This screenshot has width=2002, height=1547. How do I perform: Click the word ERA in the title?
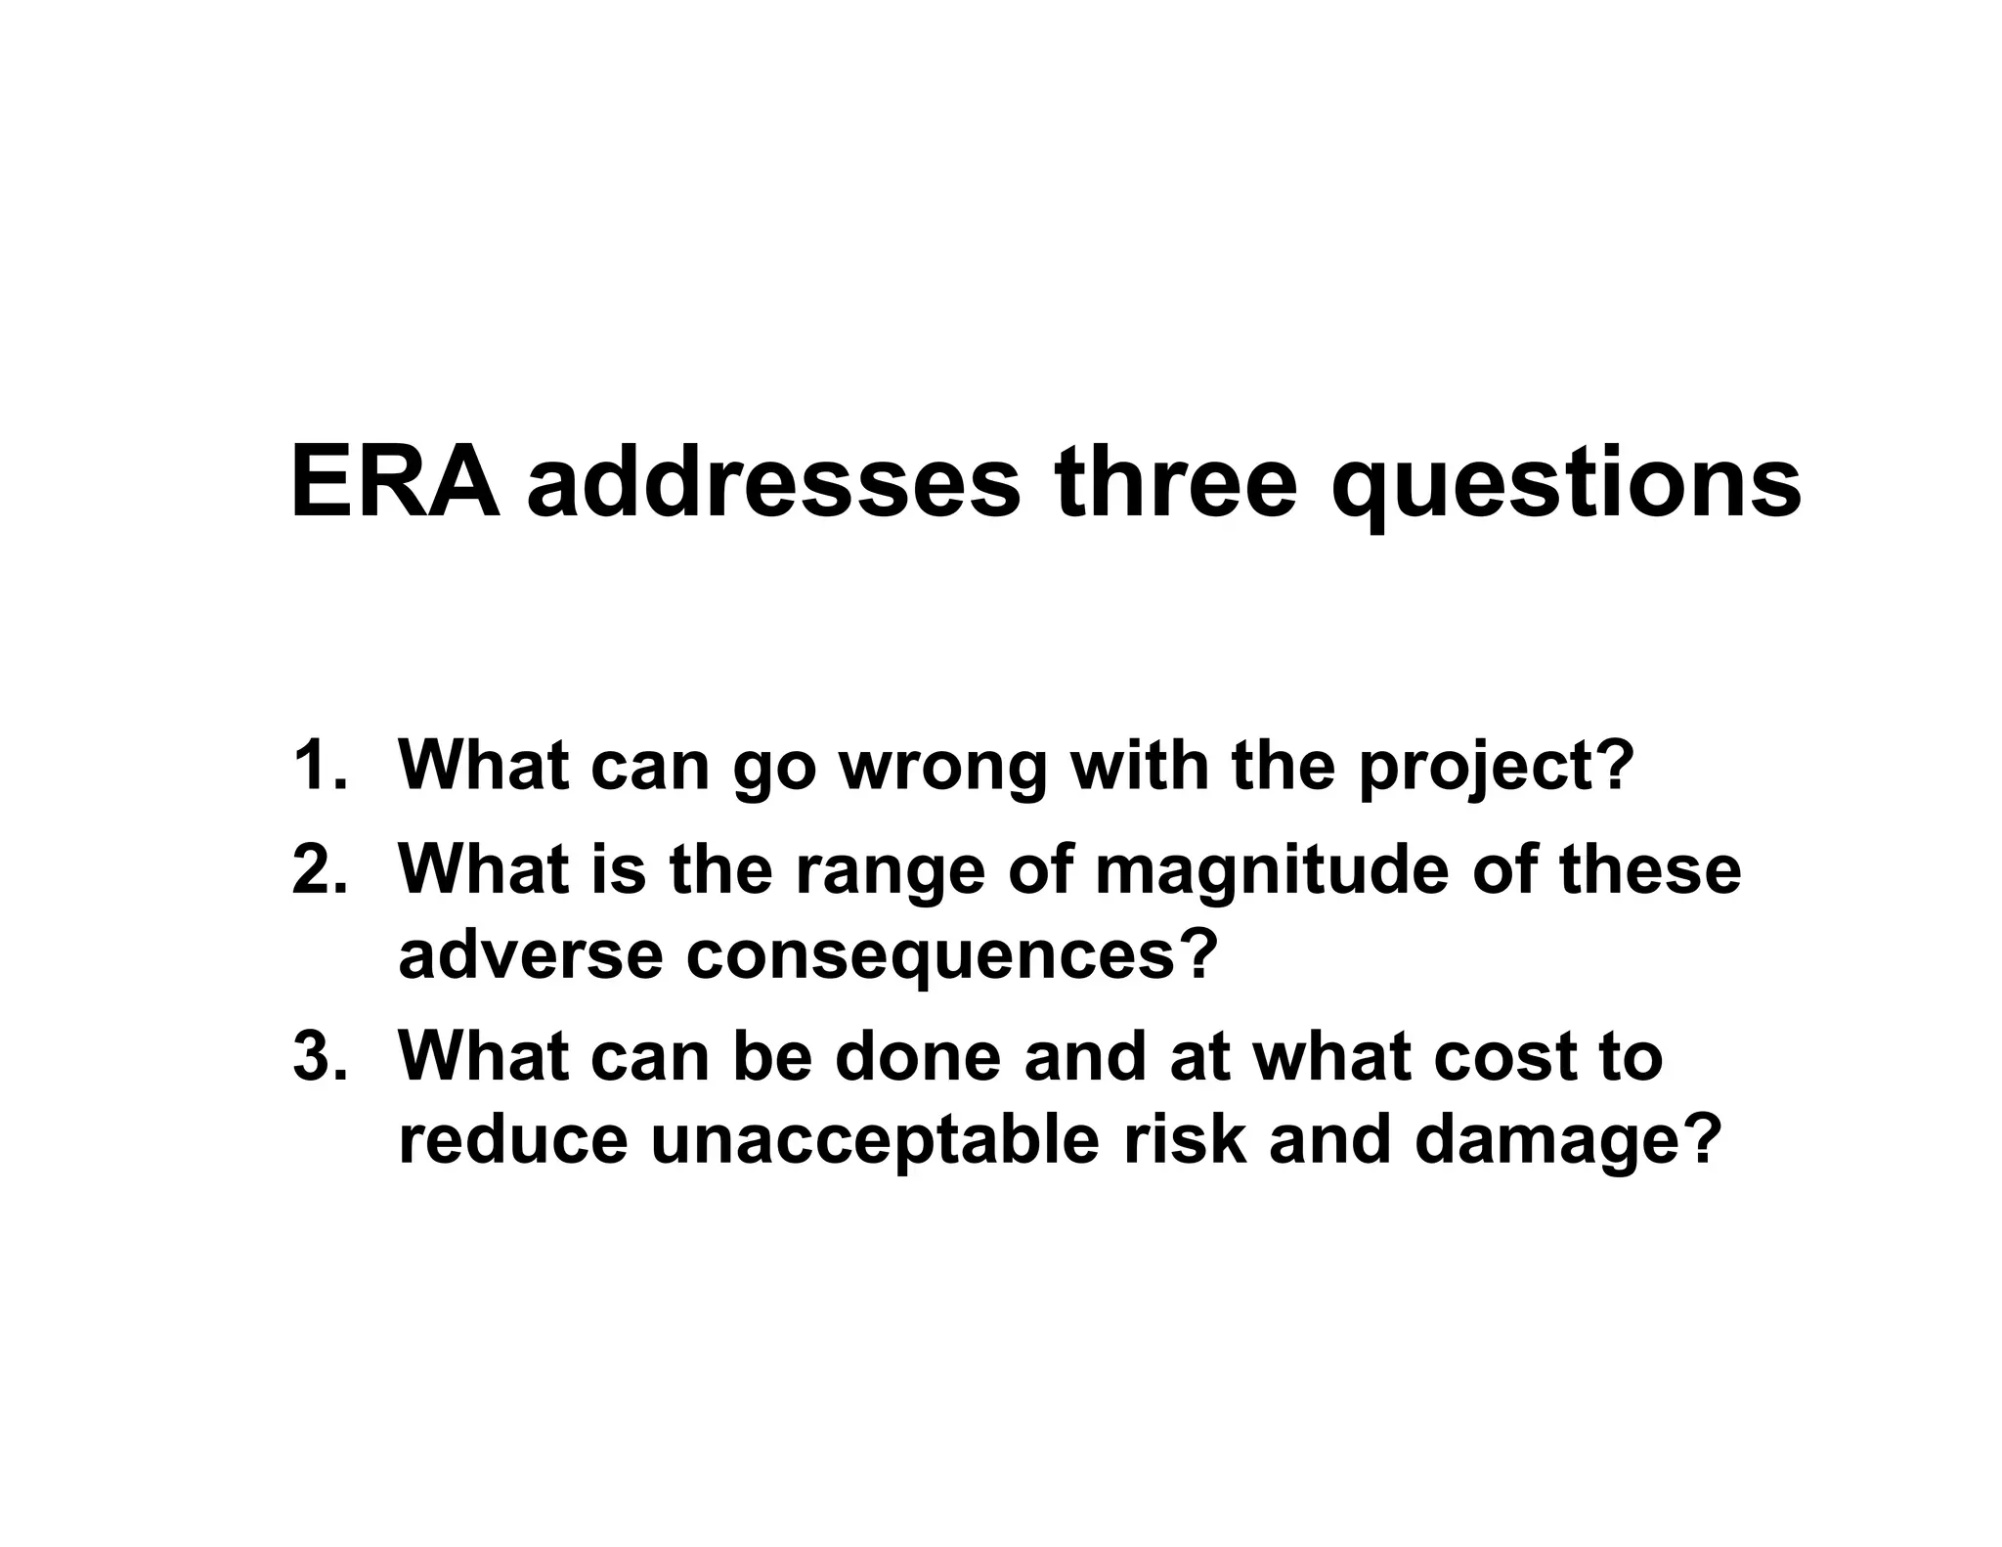(394, 483)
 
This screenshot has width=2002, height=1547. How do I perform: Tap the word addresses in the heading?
(774, 483)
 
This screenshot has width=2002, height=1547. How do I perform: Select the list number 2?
(319, 868)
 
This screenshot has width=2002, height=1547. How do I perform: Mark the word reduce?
(512, 1140)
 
